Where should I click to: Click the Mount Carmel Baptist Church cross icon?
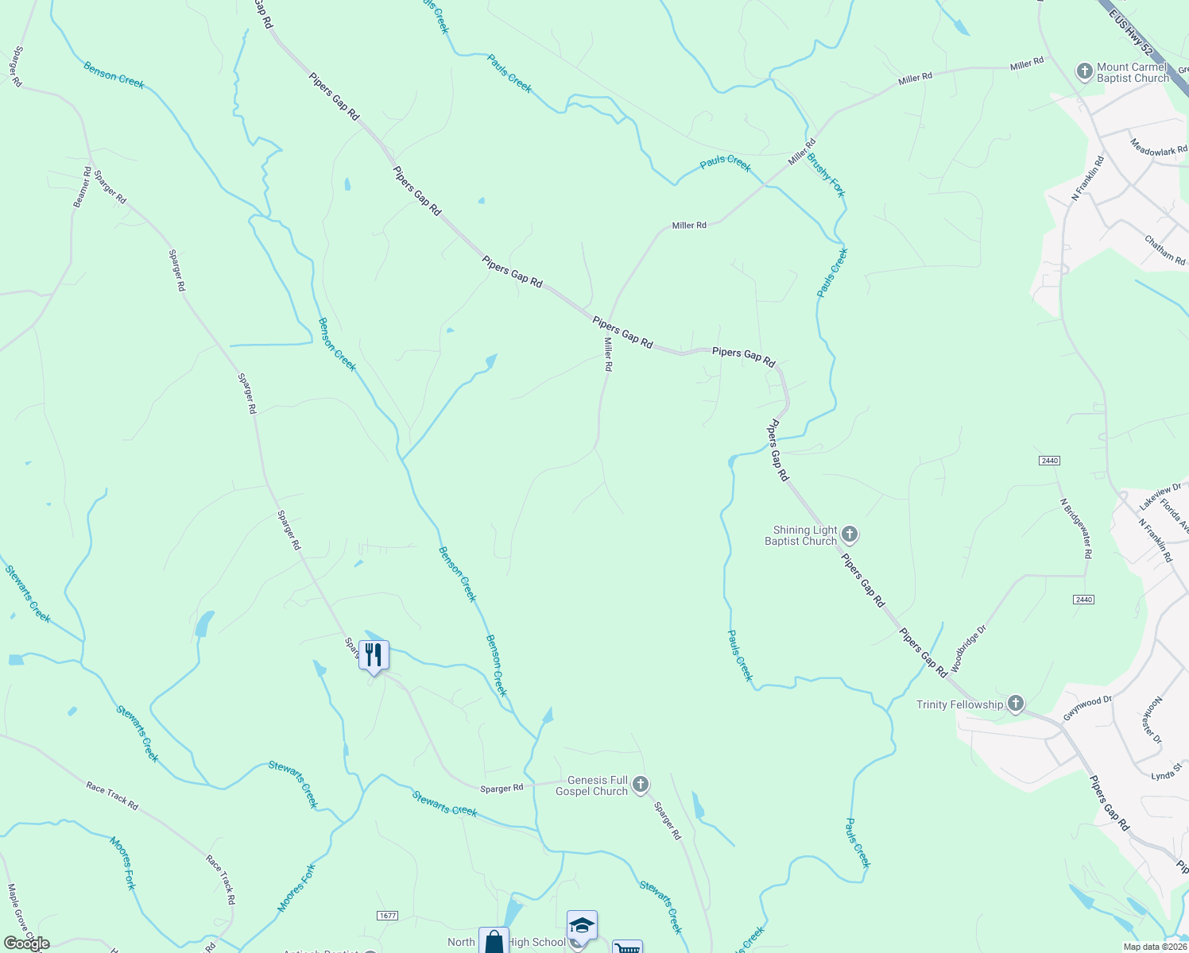1084,71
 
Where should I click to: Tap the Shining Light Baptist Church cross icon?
849,534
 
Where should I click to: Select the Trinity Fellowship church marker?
1015,704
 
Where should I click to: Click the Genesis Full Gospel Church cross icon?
641,785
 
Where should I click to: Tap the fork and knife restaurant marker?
374,656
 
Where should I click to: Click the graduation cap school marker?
582,926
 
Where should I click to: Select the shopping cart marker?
627,948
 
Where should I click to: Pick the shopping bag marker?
494,942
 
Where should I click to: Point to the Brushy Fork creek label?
826,175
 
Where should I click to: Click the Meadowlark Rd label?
1159,147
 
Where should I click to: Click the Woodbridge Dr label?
968,644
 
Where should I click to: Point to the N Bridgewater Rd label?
1076,528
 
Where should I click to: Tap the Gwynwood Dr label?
1087,708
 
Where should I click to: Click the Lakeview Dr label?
1160,497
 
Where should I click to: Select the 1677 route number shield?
387,916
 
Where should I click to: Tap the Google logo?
26,943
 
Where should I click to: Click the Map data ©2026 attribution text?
1154,947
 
